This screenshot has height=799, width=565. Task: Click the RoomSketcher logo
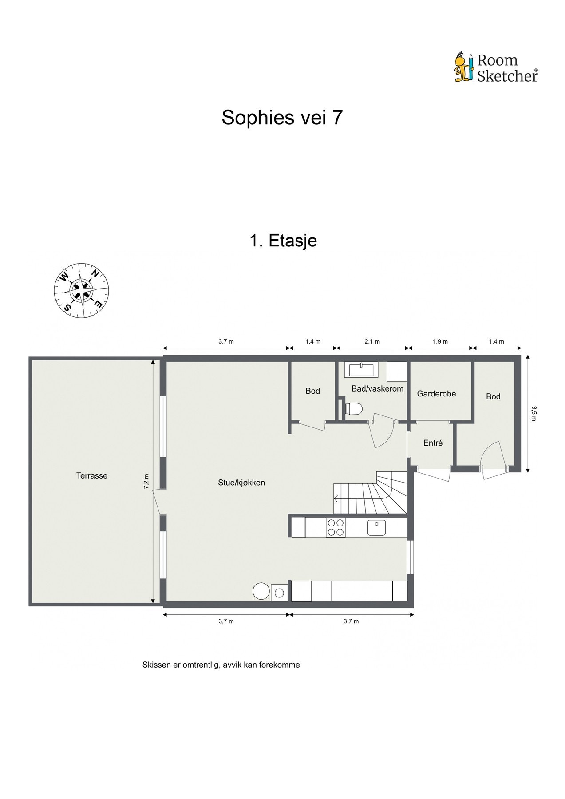point(496,68)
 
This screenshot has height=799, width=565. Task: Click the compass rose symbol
point(82,291)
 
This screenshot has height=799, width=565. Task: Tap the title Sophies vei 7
point(282,118)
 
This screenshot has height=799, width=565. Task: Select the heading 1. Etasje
point(283,241)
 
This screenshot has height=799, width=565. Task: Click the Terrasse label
point(92,475)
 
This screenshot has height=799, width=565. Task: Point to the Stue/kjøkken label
point(241,483)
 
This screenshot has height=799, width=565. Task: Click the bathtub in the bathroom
point(363,371)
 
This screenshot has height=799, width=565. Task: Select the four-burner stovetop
point(335,528)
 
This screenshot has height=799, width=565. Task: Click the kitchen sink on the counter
point(376,527)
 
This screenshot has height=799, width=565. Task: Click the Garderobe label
point(436,394)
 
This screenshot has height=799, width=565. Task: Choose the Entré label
point(433,443)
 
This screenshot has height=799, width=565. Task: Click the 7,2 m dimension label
point(146,481)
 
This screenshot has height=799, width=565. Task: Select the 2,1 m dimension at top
point(372,341)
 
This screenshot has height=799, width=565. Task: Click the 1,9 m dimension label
point(440,341)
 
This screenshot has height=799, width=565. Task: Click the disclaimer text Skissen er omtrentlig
point(221,665)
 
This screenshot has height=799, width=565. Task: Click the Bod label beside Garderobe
point(493,396)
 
